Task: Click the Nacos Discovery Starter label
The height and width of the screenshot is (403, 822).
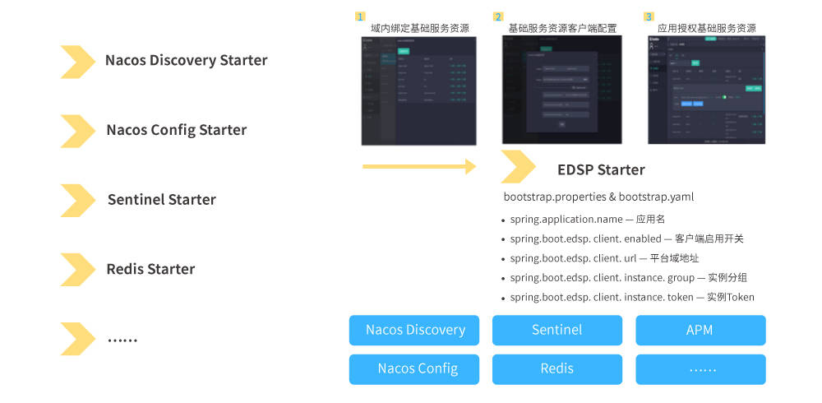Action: pos(186,60)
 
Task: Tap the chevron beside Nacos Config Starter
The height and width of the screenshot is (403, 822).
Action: pos(78,130)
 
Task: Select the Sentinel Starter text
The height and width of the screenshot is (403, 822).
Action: pos(161,200)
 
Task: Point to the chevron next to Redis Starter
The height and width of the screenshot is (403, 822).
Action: pos(78,269)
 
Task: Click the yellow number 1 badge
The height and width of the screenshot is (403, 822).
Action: pos(359,16)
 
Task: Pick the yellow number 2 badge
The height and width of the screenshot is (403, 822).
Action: pos(497,16)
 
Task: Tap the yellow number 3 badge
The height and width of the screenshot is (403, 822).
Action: pos(649,16)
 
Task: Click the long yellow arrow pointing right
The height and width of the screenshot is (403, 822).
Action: pos(418,167)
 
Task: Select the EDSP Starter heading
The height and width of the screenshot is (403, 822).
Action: pos(601,170)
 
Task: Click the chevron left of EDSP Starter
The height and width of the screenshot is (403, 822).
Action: pos(519,167)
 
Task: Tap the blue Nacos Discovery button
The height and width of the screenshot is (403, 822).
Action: pos(415,330)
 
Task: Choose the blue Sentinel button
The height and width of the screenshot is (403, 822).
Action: pos(556,330)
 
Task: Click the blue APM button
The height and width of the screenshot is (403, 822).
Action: pos(700,330)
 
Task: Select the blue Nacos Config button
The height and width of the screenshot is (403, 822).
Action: pos(417,368)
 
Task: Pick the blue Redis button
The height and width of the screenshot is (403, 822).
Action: pos(556,368)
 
